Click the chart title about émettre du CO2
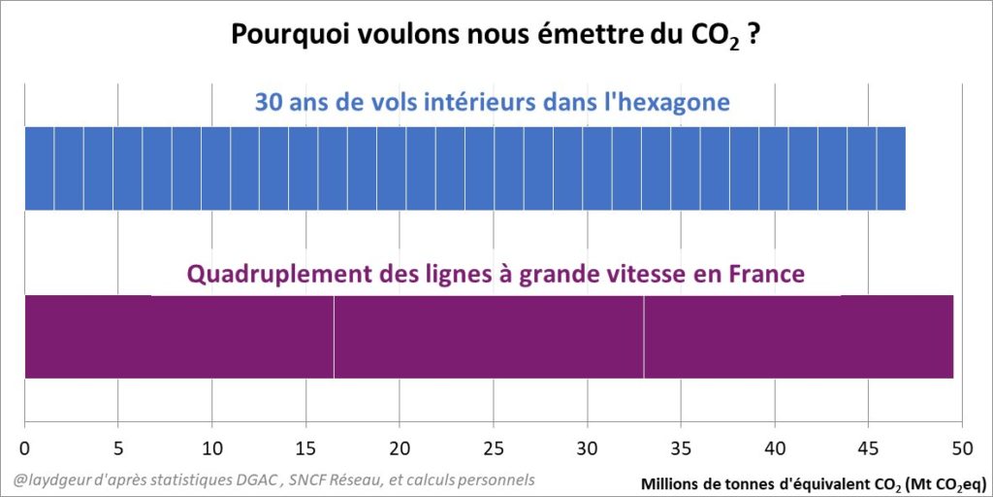coord(495,35)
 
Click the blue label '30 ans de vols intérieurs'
coord(492,101)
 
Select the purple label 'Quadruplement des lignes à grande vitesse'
coord(495,274)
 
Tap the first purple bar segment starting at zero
coord(178,336)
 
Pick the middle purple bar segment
coord(489,336)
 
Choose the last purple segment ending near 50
coord(798,336)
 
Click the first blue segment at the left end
coord(39,168)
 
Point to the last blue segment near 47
coord(891,168)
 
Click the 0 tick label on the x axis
coord(24,448)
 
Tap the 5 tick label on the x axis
coord(118,448)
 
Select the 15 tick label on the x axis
coord(305,448)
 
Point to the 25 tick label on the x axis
coord(494,448)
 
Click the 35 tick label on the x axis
coord(681,448)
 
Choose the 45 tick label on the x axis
coord(868,448)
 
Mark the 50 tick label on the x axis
coord(961,448)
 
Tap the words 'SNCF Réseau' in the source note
coord(364,480)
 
